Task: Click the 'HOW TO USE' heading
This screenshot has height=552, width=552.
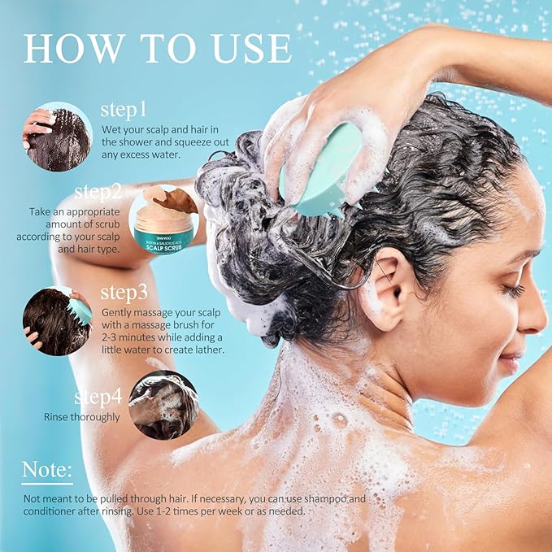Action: pos(158,49)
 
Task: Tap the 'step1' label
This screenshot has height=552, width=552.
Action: pos(124,109)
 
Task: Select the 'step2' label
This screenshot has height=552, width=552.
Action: pos(98,192)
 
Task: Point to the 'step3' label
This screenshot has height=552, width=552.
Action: pos(124,293)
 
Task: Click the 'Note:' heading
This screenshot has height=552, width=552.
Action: pos(47,469)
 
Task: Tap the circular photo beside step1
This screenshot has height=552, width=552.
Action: pos(57,137)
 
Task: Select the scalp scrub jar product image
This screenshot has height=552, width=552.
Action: pos(163,221)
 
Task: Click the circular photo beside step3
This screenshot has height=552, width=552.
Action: pos(57,320)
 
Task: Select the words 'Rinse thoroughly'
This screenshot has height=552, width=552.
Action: pos(82,417)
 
